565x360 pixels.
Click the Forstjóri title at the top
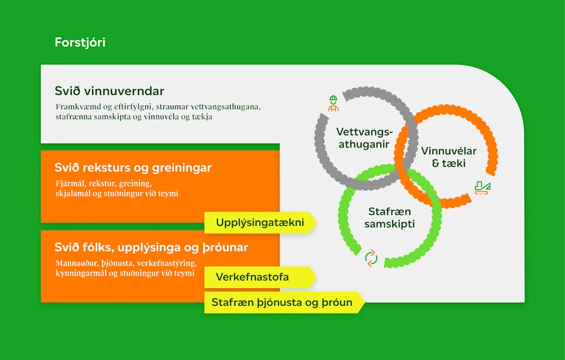tap(80, 42)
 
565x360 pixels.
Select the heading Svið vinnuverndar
tap(110, 91)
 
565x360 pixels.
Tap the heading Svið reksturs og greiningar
tap(133, 168)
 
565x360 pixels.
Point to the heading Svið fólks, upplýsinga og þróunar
tap(151, 248)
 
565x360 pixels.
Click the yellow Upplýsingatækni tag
tap(259, 223)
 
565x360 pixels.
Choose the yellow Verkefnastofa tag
tap(253, 277)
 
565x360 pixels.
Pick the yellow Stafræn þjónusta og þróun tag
tap(282, 302)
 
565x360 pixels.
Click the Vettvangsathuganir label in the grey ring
tap(364, 137)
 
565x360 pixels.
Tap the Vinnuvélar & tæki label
tap(449, 157)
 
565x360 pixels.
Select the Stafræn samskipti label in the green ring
tap(389, 218)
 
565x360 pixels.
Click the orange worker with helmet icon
tap(333, 103)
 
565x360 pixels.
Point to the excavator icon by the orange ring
tap(483, 187)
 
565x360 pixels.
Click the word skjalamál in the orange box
tap(71, 194)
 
